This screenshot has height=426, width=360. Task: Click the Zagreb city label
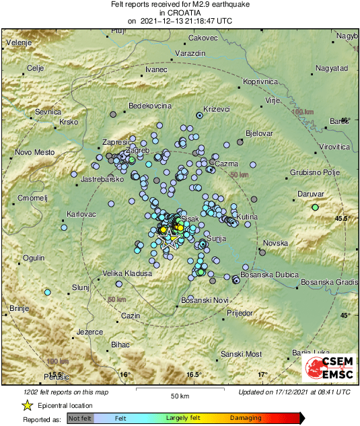[x=137, y=150]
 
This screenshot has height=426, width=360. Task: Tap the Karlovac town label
[x=81, y=214]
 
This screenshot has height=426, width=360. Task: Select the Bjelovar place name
[x=259, y=133]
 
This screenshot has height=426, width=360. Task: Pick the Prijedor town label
[x=239, y=314]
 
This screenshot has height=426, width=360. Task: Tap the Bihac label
[x=120, y=345]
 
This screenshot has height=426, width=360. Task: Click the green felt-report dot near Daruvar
[x=314, y=208]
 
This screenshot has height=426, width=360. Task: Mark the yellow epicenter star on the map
[x=174, y=239]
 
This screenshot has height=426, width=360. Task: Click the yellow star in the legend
[x=28, y=405]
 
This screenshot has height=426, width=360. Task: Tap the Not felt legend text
[x=80, y=418]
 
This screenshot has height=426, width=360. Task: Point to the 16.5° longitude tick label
[x=194, y=374]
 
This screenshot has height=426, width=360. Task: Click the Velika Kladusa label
[x=127, y=273]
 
